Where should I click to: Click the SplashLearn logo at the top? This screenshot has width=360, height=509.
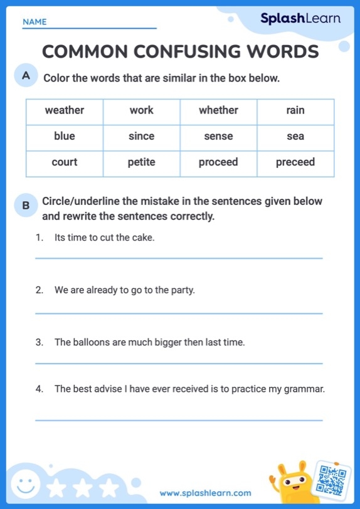(300, 19)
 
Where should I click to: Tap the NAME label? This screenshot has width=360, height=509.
(34, 22)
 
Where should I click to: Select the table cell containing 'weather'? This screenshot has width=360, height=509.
(65, 111)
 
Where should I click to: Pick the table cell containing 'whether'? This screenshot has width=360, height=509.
(218, 111)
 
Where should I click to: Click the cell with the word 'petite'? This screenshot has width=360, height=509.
(141, 162)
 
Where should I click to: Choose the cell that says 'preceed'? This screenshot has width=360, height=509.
(295, 162)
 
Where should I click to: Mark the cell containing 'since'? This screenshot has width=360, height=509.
(141, 137)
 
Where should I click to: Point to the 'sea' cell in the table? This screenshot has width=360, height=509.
(295, 137)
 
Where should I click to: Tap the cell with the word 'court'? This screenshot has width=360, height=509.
(65, 162)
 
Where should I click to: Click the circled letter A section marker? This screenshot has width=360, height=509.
(26, 76)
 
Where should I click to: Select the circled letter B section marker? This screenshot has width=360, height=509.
(26, 205)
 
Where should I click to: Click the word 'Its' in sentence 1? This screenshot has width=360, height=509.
(60, 238)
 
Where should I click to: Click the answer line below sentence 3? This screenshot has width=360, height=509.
(179, 364)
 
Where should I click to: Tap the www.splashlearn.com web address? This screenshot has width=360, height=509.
(205, 493)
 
